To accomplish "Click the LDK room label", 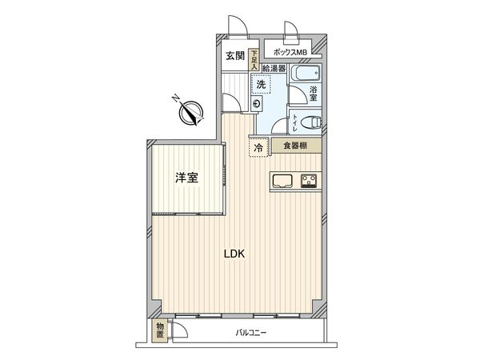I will [234, 254].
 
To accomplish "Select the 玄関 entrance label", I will [234, 56].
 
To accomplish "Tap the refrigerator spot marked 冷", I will [258, 147].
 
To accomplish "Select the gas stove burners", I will [310, 181].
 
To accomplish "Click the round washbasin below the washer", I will [256, 104].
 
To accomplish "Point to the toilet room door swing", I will [280, 124].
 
